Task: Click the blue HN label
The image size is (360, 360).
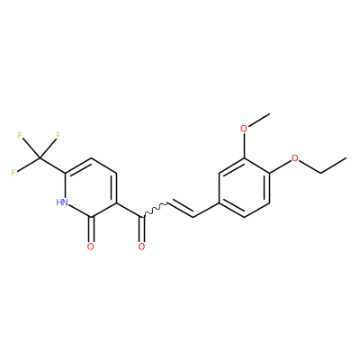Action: point(62,202)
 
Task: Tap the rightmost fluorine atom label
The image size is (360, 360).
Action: point(58,135)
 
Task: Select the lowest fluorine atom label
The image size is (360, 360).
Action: point(13,173)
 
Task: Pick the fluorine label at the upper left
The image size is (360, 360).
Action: point(20,135)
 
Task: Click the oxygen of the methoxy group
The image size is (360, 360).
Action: point(245,129)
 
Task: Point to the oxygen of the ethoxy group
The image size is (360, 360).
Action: point(295,158)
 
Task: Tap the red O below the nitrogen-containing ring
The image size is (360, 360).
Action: point(91,247)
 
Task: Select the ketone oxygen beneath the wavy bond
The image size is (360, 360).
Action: point(141,247)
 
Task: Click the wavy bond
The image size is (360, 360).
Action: point(155,210)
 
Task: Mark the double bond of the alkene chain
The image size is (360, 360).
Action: point(180,209)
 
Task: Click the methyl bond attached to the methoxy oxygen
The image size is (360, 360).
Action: point(259,120)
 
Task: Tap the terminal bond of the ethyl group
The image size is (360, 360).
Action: point(334,166)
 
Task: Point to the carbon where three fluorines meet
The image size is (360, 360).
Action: point(40,157)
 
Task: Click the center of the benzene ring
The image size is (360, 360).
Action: point(245,187)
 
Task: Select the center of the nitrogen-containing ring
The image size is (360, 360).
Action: point(91,187)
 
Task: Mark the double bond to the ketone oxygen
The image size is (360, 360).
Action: point(141,229)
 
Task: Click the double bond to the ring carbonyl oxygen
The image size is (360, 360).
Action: point(91,229)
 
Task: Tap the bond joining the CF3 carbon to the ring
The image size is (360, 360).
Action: point(52,166)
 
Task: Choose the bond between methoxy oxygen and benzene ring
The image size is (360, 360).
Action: point(245,146)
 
